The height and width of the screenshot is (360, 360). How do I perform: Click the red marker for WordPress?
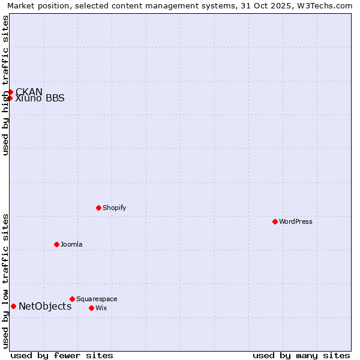(x=275, y=221)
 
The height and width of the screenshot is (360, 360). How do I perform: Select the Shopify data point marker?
(x=99, y=208)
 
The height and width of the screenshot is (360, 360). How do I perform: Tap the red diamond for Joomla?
(x=57, y=244)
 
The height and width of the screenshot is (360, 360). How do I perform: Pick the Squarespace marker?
(x=73, y=299)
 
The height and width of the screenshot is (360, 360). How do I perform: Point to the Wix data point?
(x=92, y=308)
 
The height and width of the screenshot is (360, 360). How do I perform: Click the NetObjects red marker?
(x=13, y=306)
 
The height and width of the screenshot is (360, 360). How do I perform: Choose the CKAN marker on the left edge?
(x=10, y=92)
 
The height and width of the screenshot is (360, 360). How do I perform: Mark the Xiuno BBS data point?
(x=10, y=98)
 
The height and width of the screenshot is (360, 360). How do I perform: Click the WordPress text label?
(x=296, y=221)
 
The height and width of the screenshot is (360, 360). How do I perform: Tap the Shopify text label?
(x=114, y=208)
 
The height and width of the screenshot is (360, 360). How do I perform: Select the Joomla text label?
(x=71, y=244)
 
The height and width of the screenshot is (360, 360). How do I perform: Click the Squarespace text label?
(x=97, y=299)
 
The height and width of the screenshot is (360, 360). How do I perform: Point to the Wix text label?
(x=101, y=308)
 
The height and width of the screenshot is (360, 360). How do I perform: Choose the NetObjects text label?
(x=45, y=306)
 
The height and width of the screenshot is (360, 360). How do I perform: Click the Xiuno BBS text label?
(x=40, y=99)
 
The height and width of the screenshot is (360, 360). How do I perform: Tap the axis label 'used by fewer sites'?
(x=62, y=355)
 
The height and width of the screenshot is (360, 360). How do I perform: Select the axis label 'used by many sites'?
(x=301, y=355)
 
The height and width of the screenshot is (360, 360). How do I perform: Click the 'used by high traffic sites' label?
(x=5, y=85)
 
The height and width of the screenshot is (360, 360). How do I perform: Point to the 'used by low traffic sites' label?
(x=5, y=281)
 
